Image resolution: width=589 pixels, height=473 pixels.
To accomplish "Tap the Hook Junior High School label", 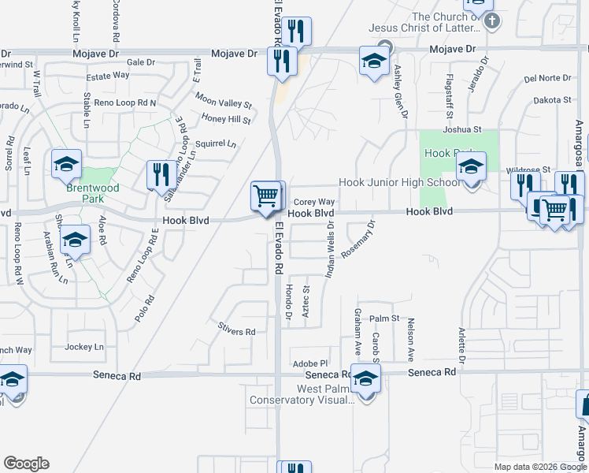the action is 399,183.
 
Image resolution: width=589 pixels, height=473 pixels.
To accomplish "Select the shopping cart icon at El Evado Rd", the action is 266,196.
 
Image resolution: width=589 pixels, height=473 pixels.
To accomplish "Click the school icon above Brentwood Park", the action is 66,164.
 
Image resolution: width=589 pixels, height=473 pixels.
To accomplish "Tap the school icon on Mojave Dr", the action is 374,61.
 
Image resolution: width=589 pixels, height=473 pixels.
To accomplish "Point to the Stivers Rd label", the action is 237,332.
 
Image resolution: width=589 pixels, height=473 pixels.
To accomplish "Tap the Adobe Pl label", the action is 309,362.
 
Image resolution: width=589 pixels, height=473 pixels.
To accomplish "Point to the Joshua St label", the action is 461,129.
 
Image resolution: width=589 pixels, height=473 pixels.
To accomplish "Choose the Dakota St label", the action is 551,100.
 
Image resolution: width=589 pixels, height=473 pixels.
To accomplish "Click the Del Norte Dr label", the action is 547,78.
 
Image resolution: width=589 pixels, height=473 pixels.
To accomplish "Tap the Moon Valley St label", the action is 223,102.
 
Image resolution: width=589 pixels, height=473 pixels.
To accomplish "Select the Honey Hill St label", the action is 225,120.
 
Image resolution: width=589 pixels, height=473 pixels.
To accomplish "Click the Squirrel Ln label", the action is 215,143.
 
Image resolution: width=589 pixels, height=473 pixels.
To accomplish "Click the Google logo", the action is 26,464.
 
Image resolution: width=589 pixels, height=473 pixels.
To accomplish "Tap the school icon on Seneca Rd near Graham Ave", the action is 365,379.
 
